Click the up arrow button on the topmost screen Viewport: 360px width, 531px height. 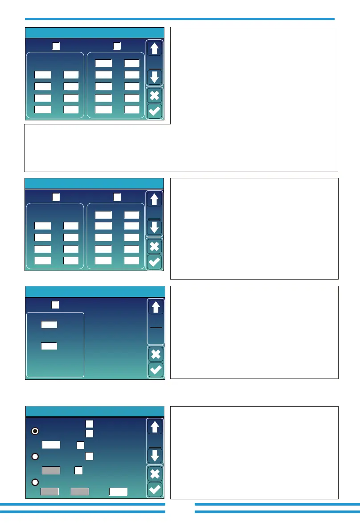(x=154, y=49)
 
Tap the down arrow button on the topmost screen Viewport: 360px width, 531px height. (x=154, y=77)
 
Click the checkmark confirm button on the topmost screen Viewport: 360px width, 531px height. (x=154, y=111)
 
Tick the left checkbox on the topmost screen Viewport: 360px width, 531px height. (x=56, y=45)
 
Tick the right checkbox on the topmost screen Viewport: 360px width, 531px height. (x=117, y=45)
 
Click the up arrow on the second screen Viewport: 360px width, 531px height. (x=154, y=199)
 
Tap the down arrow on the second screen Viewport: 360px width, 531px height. (x=154, y=228)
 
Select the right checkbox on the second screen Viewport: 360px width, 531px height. (x=117, y=196)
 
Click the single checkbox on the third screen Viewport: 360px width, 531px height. (x=55, y=305)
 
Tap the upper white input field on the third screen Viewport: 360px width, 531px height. (x=49, y=324)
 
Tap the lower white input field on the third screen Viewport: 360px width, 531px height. (x=49, y=345)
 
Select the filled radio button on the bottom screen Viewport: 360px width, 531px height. (x=35, y=431)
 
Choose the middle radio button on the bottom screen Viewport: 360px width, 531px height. (x=35, y=456)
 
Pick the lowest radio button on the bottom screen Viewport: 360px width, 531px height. (x=35, y=482)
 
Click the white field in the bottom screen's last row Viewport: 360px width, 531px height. (x=119, y=491)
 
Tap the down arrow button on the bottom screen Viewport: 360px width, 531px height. (x=154, y=455)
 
